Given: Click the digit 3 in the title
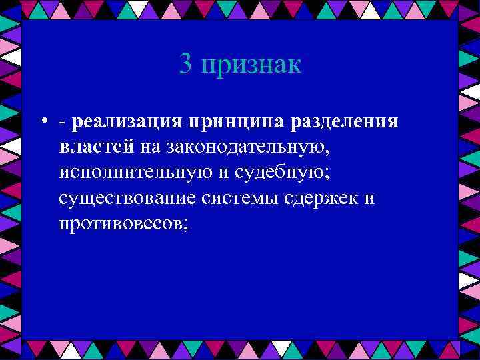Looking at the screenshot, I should pyautogui.click(x=186, y=65).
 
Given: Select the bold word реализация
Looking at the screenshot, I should pyautogui.click(x=127, y=123).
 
